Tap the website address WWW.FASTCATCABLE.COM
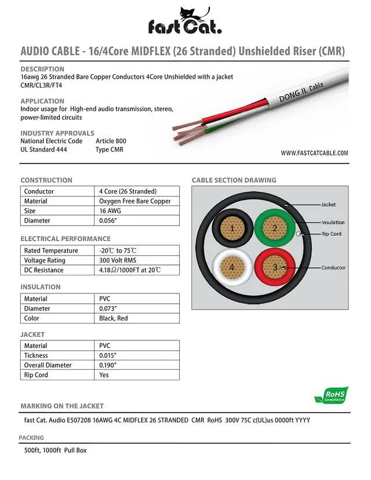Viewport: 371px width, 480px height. (x=314, y=154)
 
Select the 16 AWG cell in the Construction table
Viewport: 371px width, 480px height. (x=110, y=211)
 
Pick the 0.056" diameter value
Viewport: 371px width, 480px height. (x=110, y=221)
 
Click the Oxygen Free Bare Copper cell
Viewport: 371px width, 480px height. (x=135, y=201)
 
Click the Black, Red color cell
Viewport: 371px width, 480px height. (x=114, y=318)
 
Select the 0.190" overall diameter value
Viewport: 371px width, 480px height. (x=110, y=365)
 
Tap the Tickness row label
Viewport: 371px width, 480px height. (x=36, y=355)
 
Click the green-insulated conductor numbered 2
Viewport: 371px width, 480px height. (x=275, y=228)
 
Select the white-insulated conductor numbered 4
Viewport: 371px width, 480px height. (x=232, y=267)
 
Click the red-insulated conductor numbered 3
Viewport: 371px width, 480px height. (x=275, y=267)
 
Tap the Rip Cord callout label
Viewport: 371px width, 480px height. (x=333, y=234)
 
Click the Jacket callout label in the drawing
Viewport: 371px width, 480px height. (x=328, y=205)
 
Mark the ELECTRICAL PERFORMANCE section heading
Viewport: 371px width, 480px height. (x=66, y=239)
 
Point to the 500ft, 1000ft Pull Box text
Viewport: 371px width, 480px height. (x=56, y=450)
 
